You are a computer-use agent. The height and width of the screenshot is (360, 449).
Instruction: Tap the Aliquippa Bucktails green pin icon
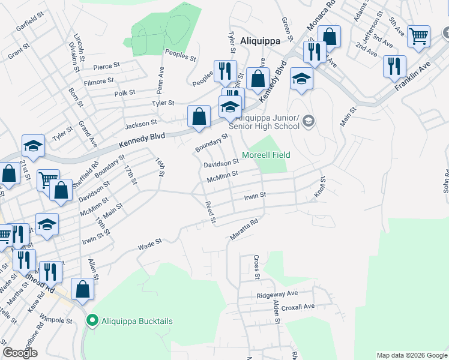[x=92, y=321]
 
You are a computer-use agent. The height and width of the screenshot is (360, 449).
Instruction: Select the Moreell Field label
[x=266, y=155]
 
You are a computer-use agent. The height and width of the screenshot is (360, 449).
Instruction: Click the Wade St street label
[x=150, y=244]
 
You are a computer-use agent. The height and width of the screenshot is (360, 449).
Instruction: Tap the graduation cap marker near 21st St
[x=34, y=145]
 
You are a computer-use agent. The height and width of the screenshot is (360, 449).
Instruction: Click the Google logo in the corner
[x=20, y=353]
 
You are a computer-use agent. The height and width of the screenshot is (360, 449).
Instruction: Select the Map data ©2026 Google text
[x=411, y=355]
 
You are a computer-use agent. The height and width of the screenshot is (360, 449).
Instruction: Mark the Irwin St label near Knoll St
[x=255, y=196]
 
